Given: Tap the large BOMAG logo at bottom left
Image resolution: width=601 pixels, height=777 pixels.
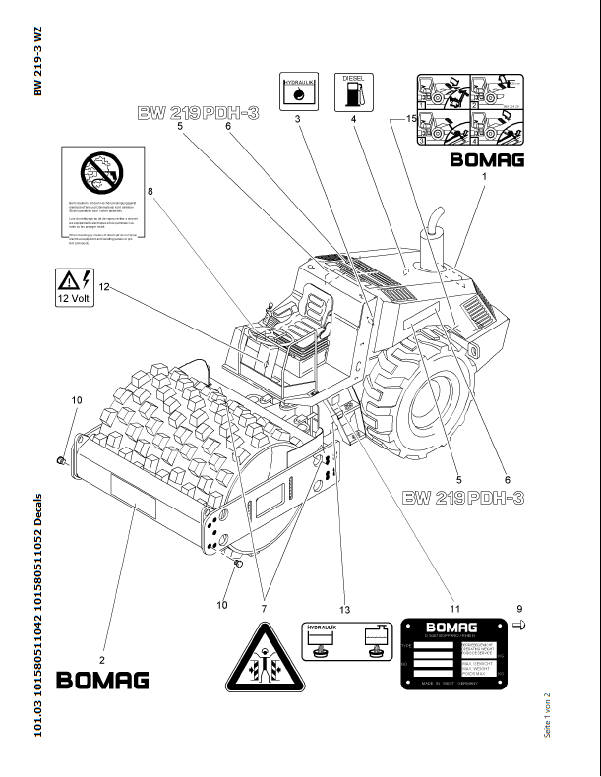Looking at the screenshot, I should point(103,680).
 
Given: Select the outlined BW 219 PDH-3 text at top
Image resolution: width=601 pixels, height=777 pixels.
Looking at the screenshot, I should point(198,114).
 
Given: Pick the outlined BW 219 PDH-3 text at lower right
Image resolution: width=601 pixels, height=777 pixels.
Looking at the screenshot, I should point(463,499).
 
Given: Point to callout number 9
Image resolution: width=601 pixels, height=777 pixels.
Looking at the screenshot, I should point(520,607).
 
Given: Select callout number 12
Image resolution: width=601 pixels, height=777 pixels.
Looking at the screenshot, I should point(102,288).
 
